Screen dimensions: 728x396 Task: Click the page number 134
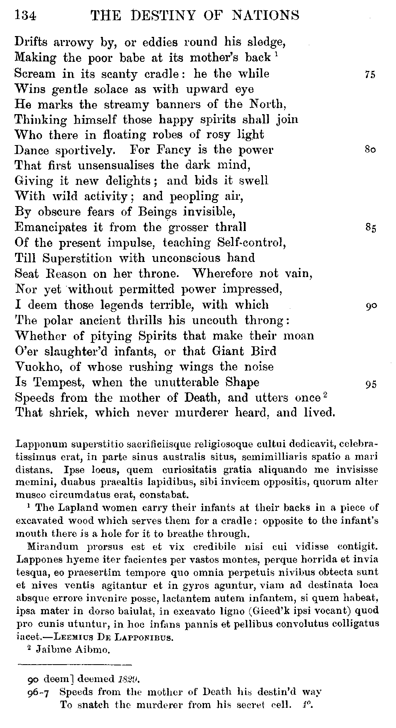coord(25,15)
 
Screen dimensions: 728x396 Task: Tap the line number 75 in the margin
coord(370,75)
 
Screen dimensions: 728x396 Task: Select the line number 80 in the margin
coord(370,150)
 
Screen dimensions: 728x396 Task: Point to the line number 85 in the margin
coord(370,228)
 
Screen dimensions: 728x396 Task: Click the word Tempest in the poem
coord(59,383)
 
